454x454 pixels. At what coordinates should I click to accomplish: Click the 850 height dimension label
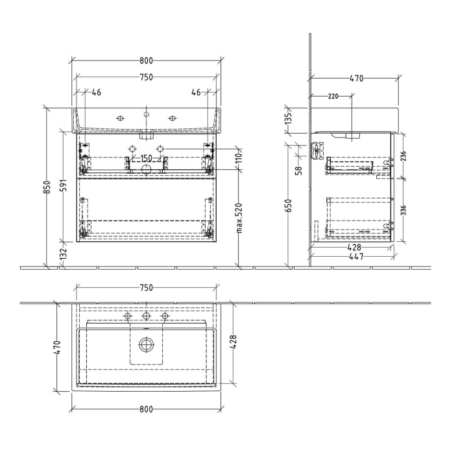[46, 187]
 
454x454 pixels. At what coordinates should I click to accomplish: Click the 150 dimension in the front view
[147, 158]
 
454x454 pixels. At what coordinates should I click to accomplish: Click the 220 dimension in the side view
[333, 97]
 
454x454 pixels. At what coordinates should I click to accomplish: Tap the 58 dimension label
[299, 171]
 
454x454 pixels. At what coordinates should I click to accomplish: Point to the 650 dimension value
[290, 206]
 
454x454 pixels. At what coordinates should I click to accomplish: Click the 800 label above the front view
[146, 61]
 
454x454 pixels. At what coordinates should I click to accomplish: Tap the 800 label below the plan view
[146, 409]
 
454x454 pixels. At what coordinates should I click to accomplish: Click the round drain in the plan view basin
[147, 344]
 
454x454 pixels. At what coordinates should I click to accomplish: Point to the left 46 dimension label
[96, 93]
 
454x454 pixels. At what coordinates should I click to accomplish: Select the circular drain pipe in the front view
[147, 170]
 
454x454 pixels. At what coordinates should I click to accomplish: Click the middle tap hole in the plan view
[147, 316]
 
